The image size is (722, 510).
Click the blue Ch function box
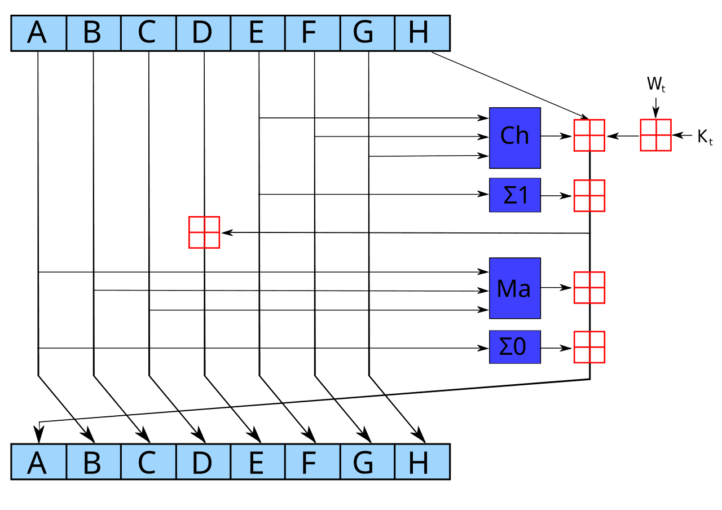point(514,138)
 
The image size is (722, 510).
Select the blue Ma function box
point(514,288)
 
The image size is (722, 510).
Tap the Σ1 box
point(514,195)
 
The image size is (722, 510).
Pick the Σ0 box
point(514,347)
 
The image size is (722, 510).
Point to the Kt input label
point(705,137)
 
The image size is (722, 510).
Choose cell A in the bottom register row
point(38,462)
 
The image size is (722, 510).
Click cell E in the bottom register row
point(257,462)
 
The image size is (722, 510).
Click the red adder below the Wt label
point(655,135)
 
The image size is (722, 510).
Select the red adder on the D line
point(204,232)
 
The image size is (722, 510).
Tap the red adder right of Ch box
point(589,135)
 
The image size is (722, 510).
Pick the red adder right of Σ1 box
point(589,196)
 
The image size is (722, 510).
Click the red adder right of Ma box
point(589,288)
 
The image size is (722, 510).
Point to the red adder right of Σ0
point(589,348)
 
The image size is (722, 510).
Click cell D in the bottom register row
point(202,462)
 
